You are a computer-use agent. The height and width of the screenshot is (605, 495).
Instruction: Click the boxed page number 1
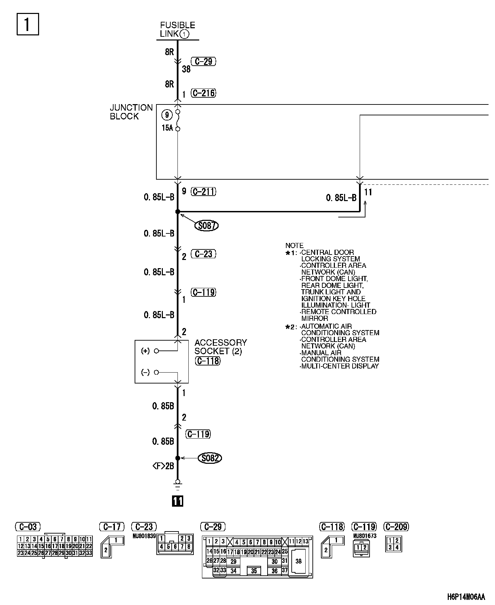28,24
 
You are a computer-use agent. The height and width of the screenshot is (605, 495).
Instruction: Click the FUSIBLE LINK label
177,30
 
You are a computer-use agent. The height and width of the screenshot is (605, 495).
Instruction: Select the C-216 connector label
204,93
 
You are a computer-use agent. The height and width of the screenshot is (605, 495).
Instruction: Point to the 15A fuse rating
167,128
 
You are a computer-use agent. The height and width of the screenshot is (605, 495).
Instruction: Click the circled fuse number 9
167,115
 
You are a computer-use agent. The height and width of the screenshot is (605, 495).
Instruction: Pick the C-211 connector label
204,192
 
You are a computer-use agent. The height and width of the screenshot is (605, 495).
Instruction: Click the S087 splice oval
206,226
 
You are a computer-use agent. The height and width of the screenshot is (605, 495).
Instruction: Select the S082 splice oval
210,458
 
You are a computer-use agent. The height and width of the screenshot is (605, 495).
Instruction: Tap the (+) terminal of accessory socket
146,351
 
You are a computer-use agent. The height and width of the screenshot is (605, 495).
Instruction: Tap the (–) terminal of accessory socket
146,373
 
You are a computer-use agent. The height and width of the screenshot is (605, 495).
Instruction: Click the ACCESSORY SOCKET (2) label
220,347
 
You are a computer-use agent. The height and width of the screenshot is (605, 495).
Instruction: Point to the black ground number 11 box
177,501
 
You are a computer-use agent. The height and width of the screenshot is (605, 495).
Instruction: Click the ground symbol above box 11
177,484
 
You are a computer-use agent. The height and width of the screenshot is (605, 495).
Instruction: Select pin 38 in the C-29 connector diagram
298,561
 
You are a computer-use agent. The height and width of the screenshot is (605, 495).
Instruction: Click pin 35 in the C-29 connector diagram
254,571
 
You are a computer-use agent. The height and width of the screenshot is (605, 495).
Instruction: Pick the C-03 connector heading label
28,527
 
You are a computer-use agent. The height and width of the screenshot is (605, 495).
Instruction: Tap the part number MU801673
364,536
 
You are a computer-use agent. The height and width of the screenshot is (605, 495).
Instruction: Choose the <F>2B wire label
163,466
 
